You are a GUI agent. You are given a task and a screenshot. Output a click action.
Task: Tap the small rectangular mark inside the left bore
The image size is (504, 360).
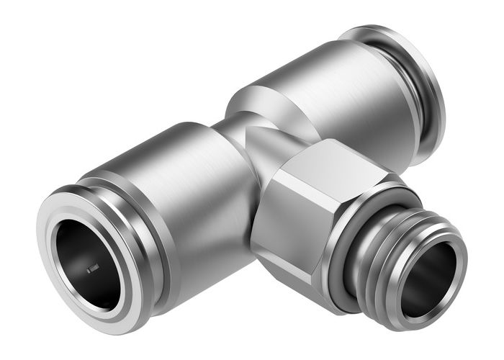coord(93,269)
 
